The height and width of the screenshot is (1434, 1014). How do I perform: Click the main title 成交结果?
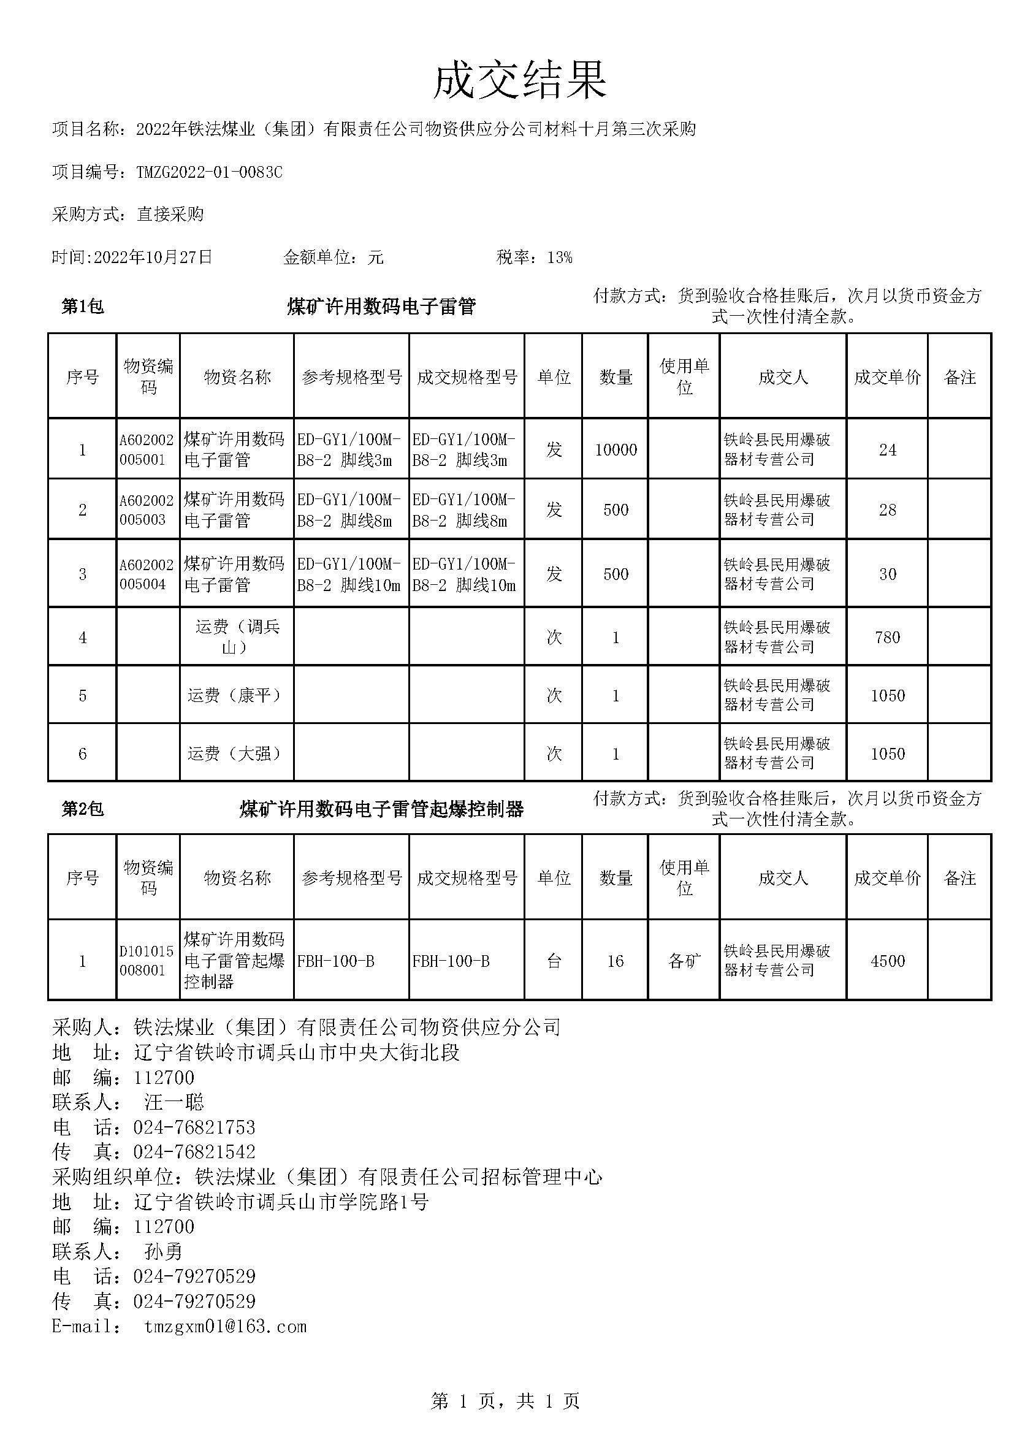coord(519,80)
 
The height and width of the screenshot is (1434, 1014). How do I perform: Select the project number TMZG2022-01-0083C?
coord(209,172)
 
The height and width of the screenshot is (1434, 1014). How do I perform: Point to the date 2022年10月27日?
coord(153,257)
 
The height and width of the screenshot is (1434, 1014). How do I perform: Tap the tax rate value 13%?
coord(560,257)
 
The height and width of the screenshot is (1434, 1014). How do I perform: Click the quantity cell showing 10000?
coord(616,449)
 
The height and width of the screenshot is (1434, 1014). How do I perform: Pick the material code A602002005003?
coord(147,509)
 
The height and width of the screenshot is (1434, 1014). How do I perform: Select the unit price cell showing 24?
coord(887,449)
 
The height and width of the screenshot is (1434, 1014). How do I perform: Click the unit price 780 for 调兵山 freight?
coord(887,637)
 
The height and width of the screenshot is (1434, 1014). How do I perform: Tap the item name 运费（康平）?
coord(237,695)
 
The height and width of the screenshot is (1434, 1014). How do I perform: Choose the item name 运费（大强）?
coord(237,753)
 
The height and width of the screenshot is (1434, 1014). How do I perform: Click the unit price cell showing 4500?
coord(887,961)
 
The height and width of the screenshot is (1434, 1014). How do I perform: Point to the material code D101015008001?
coord(147,961)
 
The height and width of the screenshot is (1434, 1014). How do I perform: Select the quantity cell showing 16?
coord(616,961)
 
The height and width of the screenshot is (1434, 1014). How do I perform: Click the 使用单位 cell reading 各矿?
coord(684,961)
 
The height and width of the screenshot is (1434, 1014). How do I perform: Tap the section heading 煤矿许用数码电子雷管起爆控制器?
coord(381,809)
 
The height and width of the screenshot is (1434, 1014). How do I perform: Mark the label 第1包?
coord(82,307)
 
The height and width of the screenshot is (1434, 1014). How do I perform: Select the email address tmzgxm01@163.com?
coord(226,1326)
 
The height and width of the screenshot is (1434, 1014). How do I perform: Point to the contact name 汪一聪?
coord(174,1102)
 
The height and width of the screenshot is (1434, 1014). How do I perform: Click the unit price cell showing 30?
coord(887,574)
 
